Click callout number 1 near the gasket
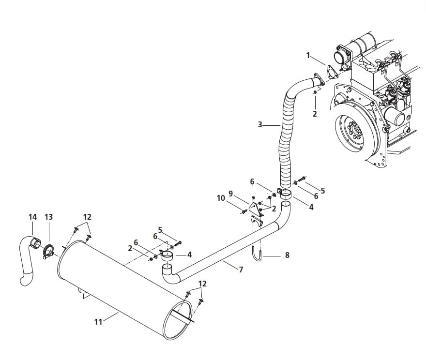pyautogui.click(x=308, y=56)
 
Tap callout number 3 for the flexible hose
pyautogui.click(x=260, y=125)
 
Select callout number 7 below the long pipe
pyautogui.click(x=241, y=270)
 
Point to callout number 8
pyautogui.click(x=287, y=255)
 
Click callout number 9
pyautogui.click(x=230, y=194)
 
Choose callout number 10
pyautogui.click(x=221, y=198)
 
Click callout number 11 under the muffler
pyautogui.click(x=98, y=322)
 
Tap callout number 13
pyautogui.click(x=48, y=217)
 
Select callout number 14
pyautogui.click(x=32, y=217)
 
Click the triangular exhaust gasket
pyautogui.click(x=331, y=71)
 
